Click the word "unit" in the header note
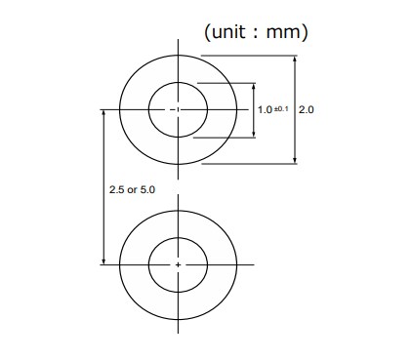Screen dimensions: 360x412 [x=229, y=32]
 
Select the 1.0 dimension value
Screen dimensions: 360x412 [x=265, y=110]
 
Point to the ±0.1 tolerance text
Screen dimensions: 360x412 [x=281, y=108]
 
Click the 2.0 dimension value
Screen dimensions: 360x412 [x=306, y=110]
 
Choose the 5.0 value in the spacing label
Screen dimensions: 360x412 [x=147, y=189]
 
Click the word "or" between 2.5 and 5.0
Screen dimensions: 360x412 [x=133, y=189]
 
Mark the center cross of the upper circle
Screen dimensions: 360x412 [x=178, y=110]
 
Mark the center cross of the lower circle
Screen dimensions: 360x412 [x=178, y=263]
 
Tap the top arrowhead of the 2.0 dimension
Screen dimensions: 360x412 [x=296, y=60]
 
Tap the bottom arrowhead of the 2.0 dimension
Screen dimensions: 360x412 [x=296, y=161]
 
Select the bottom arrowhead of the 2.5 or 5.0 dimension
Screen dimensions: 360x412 [x=103, y=260]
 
